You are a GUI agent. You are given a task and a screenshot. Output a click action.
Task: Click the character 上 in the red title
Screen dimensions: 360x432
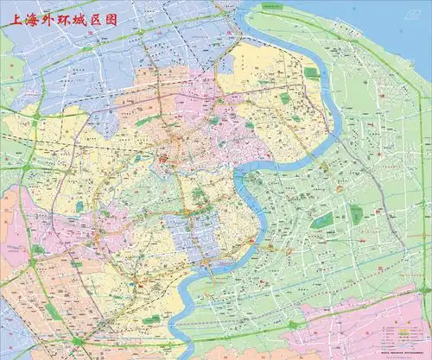(13, 18)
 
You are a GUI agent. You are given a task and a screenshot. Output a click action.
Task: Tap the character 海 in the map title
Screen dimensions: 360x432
(32, 18)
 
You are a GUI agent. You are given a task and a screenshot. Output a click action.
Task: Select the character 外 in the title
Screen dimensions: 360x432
(52, 18)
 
